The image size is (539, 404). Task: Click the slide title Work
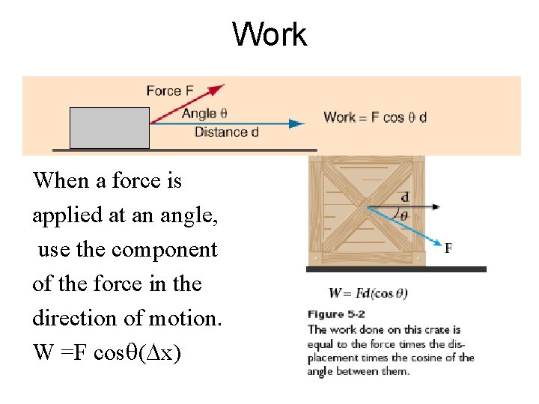269,34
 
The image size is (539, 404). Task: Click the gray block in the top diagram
109,127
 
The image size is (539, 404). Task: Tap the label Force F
170,91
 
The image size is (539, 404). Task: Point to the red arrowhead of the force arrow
217,89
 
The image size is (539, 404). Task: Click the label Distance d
226,132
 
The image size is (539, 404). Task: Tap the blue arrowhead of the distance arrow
297,123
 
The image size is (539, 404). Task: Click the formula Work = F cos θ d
375,117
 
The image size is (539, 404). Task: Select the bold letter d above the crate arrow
405,198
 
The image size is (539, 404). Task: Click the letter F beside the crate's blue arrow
448,247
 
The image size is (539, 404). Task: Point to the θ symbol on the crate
404,215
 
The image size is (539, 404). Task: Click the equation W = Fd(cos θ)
368,293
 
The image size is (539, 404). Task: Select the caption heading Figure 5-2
336,315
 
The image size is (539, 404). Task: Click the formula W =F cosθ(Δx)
106,352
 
